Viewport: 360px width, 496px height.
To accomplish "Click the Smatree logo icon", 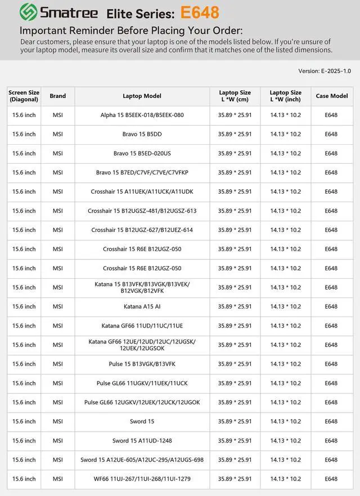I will pos(28,12).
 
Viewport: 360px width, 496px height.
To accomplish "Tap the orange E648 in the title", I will pos(200,12).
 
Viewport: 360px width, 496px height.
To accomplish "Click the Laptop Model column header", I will pos(142,96).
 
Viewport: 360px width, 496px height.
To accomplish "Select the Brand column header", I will pos(58,96).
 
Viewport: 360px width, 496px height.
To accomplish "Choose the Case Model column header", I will pos(331,96).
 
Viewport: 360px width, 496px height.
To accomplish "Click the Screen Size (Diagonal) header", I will pos(24,96).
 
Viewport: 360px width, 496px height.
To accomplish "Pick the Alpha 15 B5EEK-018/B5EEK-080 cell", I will pos(142,115).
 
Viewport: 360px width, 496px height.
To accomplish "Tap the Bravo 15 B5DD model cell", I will pos(142,135).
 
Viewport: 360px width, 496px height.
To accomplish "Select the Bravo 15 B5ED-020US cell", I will pos(142,154).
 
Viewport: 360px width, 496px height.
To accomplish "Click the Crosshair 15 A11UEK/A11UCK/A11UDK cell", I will pos(142,192).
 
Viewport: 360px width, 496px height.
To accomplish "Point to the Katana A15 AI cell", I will pos(142,307).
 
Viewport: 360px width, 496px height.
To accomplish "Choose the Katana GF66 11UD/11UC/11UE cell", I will pos(142,326).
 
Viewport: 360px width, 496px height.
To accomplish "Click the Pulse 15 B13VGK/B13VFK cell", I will pos(142,364).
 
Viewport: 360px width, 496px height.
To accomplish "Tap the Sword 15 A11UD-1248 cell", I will pos(142,441).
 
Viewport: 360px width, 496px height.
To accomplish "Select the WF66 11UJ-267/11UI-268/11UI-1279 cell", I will pos(142,479).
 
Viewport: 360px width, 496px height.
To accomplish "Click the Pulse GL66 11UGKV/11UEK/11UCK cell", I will pos(142,383).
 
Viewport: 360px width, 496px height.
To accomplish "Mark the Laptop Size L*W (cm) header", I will pos(235,96).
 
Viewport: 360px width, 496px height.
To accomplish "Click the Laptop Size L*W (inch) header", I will pos(285,96).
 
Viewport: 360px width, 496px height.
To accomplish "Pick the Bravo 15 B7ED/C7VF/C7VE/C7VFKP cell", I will pos(142,173).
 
